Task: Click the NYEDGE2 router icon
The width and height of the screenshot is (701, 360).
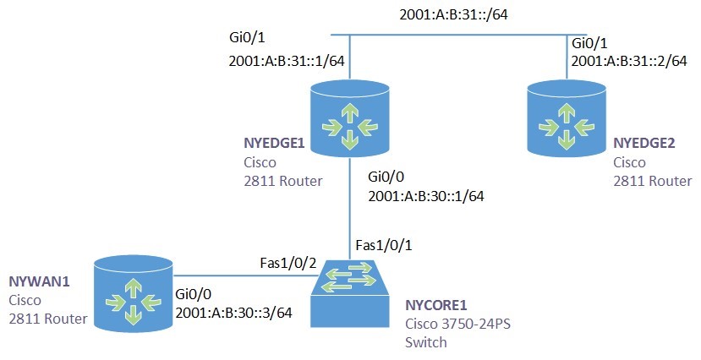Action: click(x=566, y=117)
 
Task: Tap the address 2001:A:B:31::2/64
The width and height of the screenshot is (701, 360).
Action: click(x=629, y=61)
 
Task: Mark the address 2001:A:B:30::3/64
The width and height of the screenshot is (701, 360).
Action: click(x=233, y=313)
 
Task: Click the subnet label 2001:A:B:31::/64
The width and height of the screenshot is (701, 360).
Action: click(x=457, y=14)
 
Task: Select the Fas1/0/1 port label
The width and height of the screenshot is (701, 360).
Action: click(x=383, y=245)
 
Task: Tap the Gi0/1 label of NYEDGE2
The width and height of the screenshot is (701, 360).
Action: click(x=589, y=42)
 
